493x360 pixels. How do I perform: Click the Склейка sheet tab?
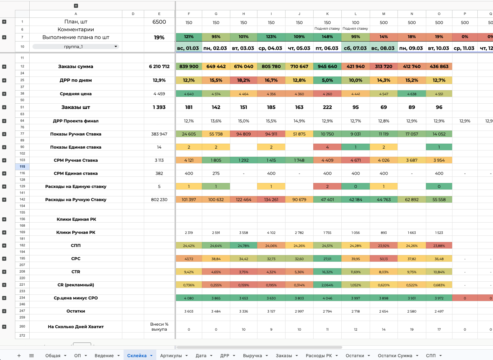coord(137,356)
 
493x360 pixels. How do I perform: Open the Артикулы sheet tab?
coord(171,356)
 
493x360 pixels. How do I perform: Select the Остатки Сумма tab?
coord(395,356)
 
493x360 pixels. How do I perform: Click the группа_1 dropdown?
coord(76,47)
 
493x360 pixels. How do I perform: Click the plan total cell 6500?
coord(159,22)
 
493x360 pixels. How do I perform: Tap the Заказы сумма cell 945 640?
coord(327,67)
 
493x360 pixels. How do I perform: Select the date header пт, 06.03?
coord(327,48)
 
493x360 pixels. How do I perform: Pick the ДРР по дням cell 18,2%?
coord(243,80)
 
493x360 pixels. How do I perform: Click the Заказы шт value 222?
coord(327,107)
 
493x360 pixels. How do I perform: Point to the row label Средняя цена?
coord(76,94)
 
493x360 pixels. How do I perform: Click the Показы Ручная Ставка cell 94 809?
coord(243,134)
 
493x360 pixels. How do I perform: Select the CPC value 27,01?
coord(327,259)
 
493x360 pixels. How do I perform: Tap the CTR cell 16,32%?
coord(327,272)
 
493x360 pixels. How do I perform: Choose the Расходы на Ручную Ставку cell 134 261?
coord(271,200)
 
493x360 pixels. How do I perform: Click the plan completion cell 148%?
coord(327,37)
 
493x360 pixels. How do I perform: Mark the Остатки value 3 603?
coord(189,311)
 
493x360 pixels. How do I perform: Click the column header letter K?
coord(327,14)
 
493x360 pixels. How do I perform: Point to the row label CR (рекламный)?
coord(76,285)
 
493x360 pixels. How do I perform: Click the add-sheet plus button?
coord(19,356)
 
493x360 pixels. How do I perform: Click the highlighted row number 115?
coord(22,167)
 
